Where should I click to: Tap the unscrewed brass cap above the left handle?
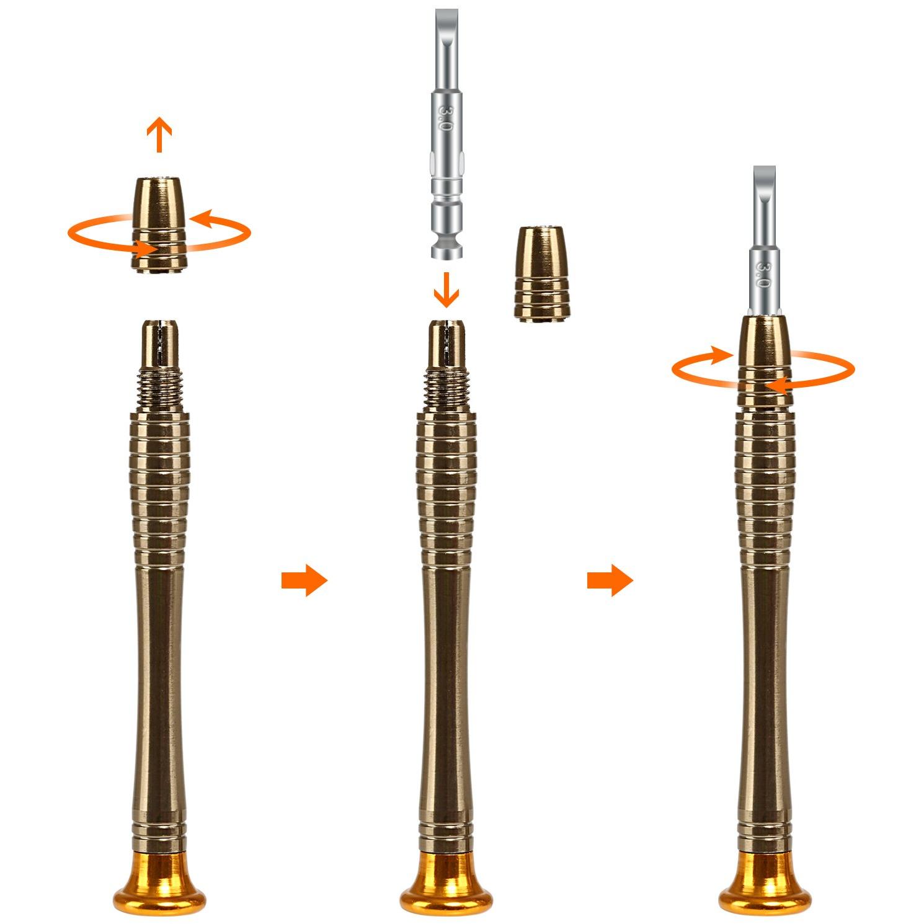[x=160, y=224]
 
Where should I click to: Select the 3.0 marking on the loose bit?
[x=444, y=117]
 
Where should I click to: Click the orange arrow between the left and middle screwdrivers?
[x=304, y=581]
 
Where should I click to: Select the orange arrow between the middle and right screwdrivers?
[x=610, y=581]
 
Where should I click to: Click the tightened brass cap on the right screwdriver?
[x=765, y=360]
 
